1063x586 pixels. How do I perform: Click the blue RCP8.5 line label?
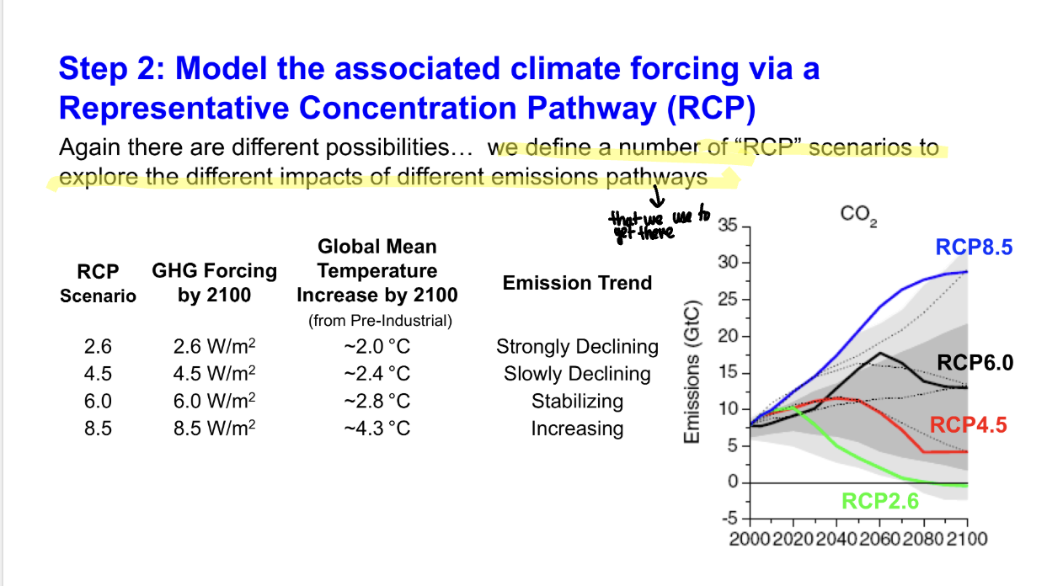click(974, 247)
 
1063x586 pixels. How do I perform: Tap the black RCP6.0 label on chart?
click(975, 363)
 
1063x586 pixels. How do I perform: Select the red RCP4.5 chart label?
click(968, 424)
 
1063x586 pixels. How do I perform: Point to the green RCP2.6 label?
click(880, 502)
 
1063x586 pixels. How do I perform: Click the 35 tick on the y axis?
click(729, 226)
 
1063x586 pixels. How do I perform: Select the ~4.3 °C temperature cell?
click(377, 429)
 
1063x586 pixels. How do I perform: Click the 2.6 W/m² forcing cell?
click(213, 347)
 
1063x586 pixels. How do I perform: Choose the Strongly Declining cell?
click(577, 347)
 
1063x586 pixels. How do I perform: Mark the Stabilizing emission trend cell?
click(577, 401)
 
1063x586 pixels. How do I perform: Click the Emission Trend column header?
click(577, 283)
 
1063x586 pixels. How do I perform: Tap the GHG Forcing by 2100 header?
click(214, 283)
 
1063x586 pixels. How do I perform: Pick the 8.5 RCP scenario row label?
click(98, 429)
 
